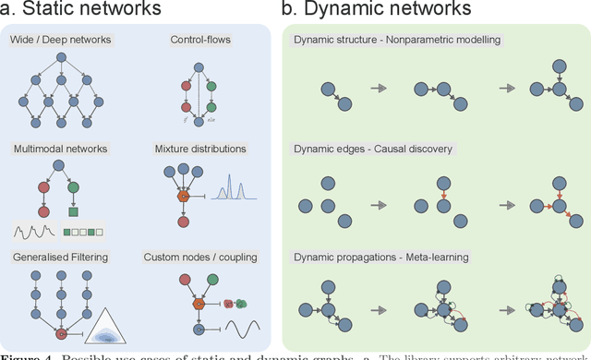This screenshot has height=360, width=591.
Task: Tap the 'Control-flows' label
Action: pyautogui.click(x=200, y=40)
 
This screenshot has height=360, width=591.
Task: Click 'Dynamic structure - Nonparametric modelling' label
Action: pyautogui.click(x=398, y=40)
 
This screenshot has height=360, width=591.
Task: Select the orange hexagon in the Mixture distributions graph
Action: pyautogui.click(x=184, y=197)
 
